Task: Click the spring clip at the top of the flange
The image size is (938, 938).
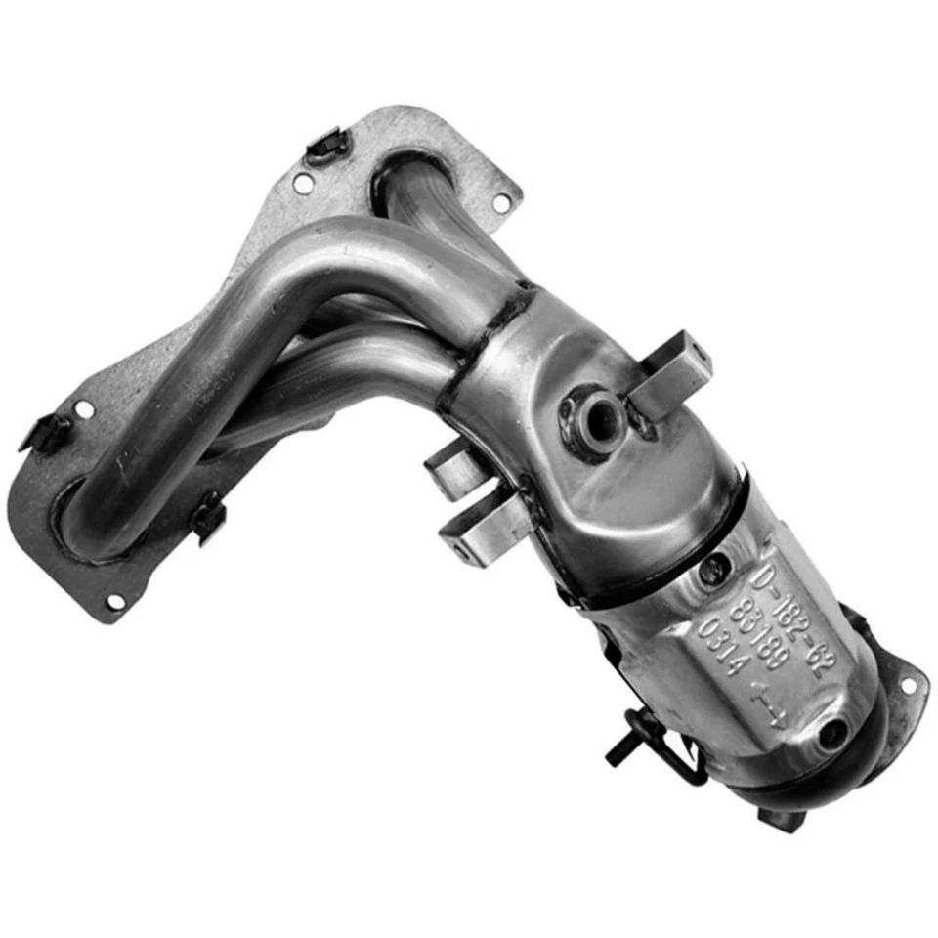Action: (327, 147)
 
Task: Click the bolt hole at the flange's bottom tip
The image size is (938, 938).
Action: (114, 601)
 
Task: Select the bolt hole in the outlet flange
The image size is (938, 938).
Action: (908, 685)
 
